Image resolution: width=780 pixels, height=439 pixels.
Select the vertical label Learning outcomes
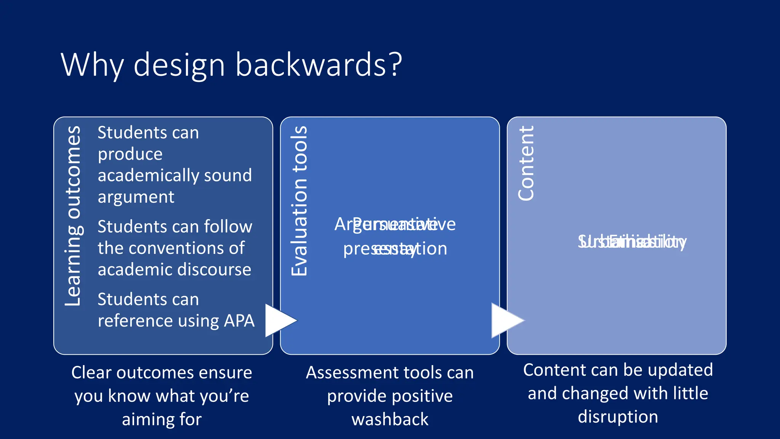(x=72, y=216)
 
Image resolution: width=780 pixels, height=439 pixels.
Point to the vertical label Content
(x=526, y=163)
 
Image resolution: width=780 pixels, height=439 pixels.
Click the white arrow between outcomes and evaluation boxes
(x=279, y=320)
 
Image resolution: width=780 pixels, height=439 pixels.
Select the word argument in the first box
(x=136, y=197)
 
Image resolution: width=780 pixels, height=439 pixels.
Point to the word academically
(x=148, y=176)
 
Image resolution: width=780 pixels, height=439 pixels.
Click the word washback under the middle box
(x=390, y=419)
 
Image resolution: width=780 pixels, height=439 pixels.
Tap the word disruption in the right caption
(x=618, y=417)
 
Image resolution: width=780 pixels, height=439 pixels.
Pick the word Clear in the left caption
(x=91, y=372)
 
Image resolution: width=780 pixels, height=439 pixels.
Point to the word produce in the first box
(x=130, y=154)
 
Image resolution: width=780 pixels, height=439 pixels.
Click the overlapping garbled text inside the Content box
(x=632, y=242)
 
